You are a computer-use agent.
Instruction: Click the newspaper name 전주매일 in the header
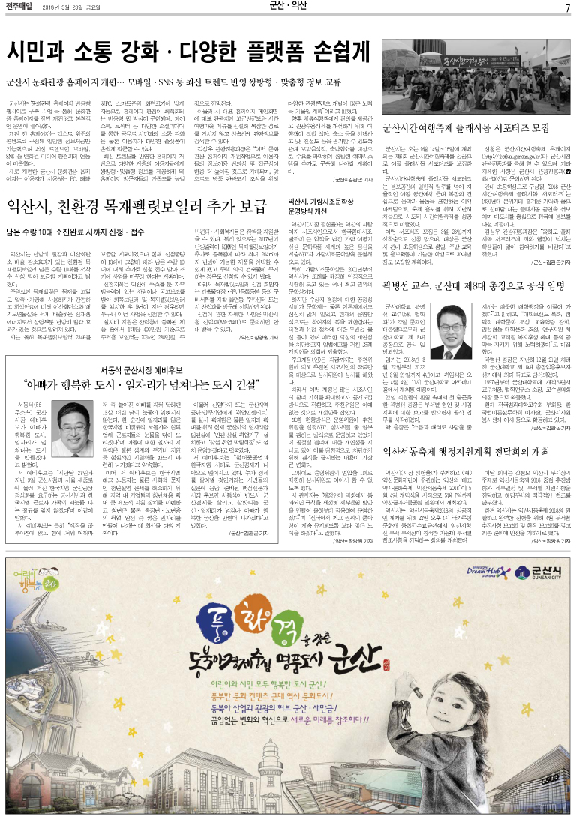[x=24, y=7]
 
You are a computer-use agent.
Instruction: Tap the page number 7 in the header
[x=567, y=7]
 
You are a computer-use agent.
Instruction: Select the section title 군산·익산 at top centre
[x=288, y=7]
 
